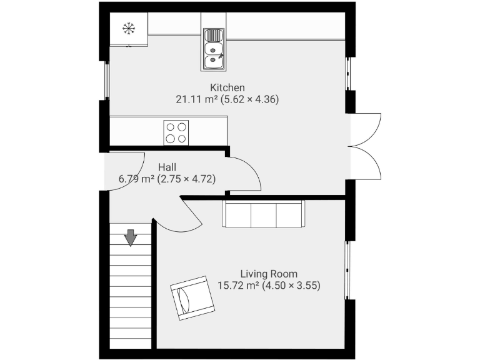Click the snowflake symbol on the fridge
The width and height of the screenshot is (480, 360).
[129, 28]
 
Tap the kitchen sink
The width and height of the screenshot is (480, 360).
[214, 49]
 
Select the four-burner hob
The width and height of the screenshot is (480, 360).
[176, 132]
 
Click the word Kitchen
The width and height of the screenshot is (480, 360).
[227, 87]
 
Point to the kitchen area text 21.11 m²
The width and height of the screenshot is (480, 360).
[198, 99]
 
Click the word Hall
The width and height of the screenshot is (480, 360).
[167, 167]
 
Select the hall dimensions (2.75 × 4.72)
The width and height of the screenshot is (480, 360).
[187, 179]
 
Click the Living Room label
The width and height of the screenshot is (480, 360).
[269, 274]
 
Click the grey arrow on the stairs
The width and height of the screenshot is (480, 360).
[131, 237]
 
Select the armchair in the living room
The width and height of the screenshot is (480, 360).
[192, 297]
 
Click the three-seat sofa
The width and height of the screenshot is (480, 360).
[263, 214]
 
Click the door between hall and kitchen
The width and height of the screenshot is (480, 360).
[244, 174]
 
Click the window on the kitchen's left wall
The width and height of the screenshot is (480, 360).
[106, 80]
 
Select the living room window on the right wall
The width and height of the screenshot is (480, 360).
[349, 269]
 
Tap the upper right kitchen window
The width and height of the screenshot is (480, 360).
[349, 74]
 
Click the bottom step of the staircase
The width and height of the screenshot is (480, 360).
[131, 342]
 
